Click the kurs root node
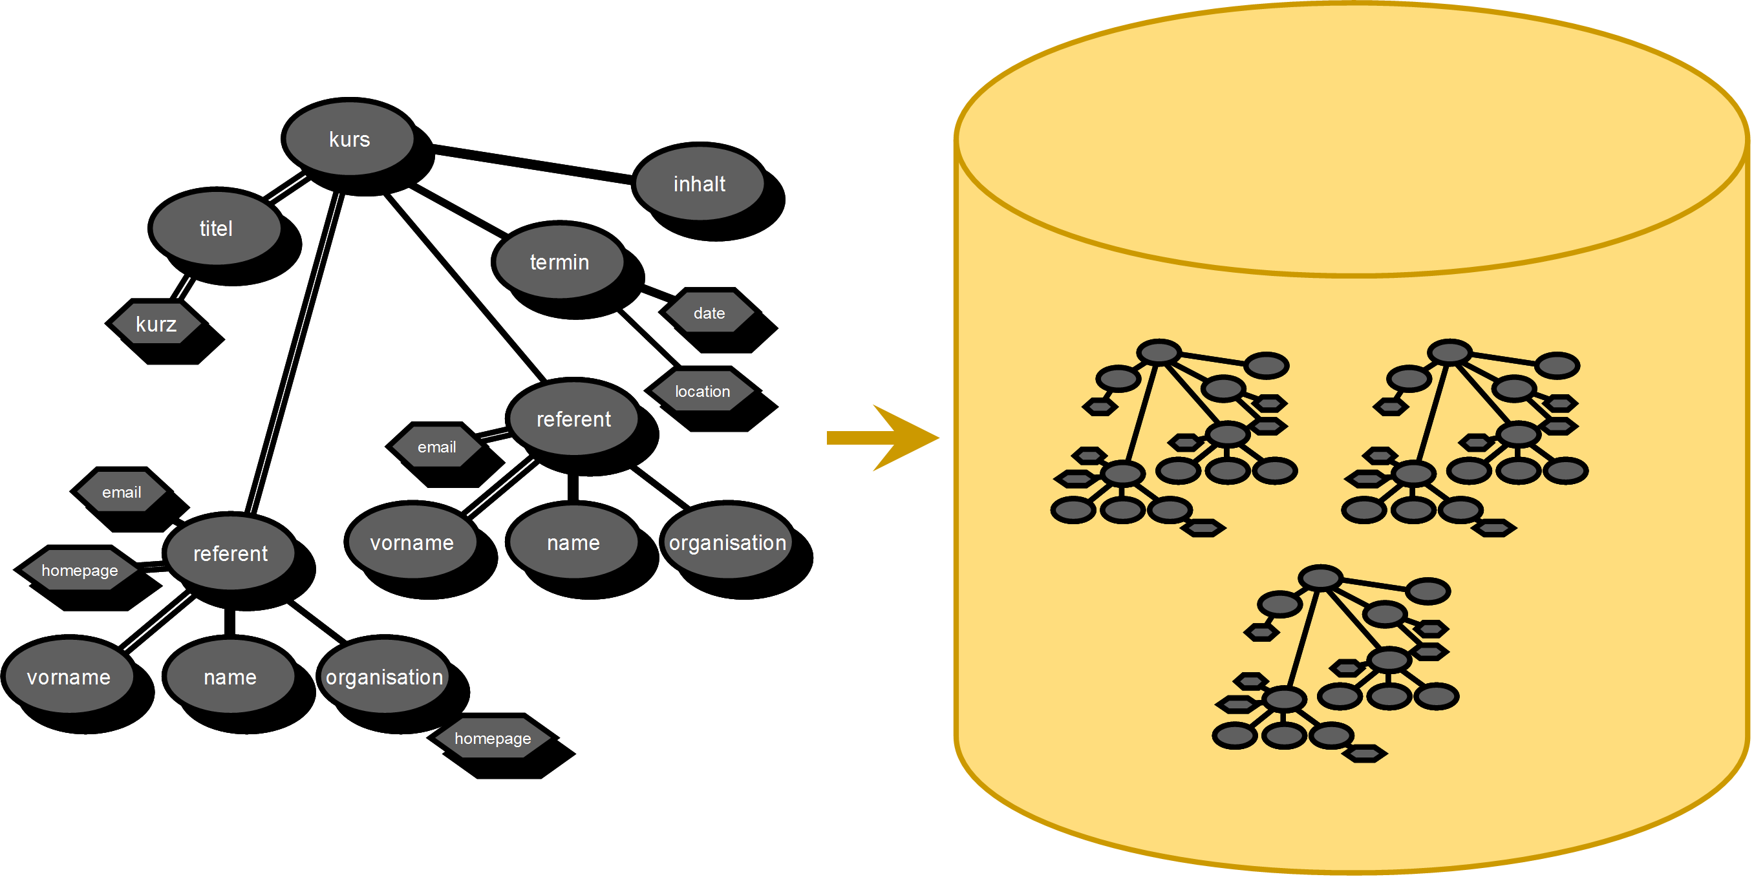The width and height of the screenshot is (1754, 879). click(x=348, y=139)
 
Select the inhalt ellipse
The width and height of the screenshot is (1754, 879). click(x=699, y=184)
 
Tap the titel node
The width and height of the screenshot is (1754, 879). click(x=215, y=228)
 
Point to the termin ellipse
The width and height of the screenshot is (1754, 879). click(x=559, y=262)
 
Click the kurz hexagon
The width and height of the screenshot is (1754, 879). click(x=156, y=324)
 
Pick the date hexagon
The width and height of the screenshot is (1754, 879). click(x=709, y=313)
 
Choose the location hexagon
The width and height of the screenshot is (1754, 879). click(x=702, y=392)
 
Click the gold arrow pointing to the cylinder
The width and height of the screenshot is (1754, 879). click(x=885, y=438)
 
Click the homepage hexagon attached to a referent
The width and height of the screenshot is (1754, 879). click(x=80, y=571)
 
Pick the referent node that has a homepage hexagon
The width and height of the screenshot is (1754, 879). click(x=230, y=553)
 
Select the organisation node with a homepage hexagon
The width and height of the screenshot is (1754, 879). click(x=384, y=677)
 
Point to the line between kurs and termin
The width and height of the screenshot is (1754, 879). click(x=460, y=209)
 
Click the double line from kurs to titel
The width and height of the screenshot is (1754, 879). click(x=286, y=187)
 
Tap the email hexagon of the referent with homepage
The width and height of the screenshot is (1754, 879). click(x=121, y=492)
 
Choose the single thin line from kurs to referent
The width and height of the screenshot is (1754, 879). click(x=464, y=286)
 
